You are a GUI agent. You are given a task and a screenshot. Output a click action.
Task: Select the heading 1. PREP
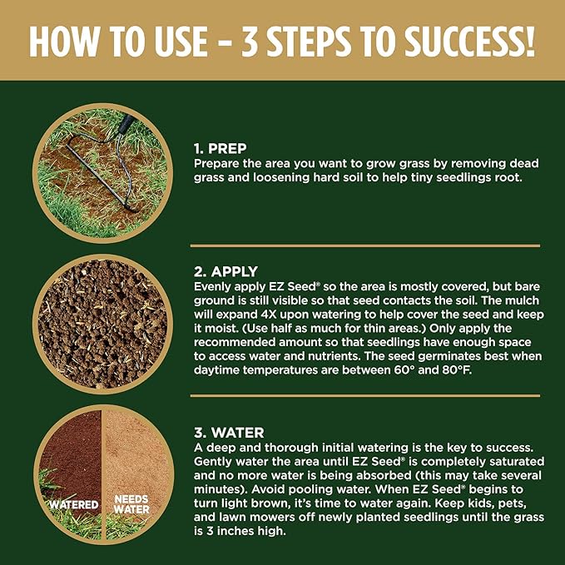point(221,148)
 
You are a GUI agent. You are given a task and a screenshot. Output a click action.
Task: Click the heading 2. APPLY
point(226,271)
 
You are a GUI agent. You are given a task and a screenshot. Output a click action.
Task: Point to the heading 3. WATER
point(229,433)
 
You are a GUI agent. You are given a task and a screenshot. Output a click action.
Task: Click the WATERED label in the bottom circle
point(74,504)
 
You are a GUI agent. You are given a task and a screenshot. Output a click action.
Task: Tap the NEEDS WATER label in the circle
point(131,504)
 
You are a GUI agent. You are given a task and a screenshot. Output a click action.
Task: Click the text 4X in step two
point(268,315)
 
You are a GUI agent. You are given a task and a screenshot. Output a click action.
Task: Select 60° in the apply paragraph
point(404,370)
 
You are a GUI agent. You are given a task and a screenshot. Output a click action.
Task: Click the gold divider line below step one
point(365,245)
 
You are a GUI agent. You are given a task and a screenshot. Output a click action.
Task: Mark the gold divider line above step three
point(365,395)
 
